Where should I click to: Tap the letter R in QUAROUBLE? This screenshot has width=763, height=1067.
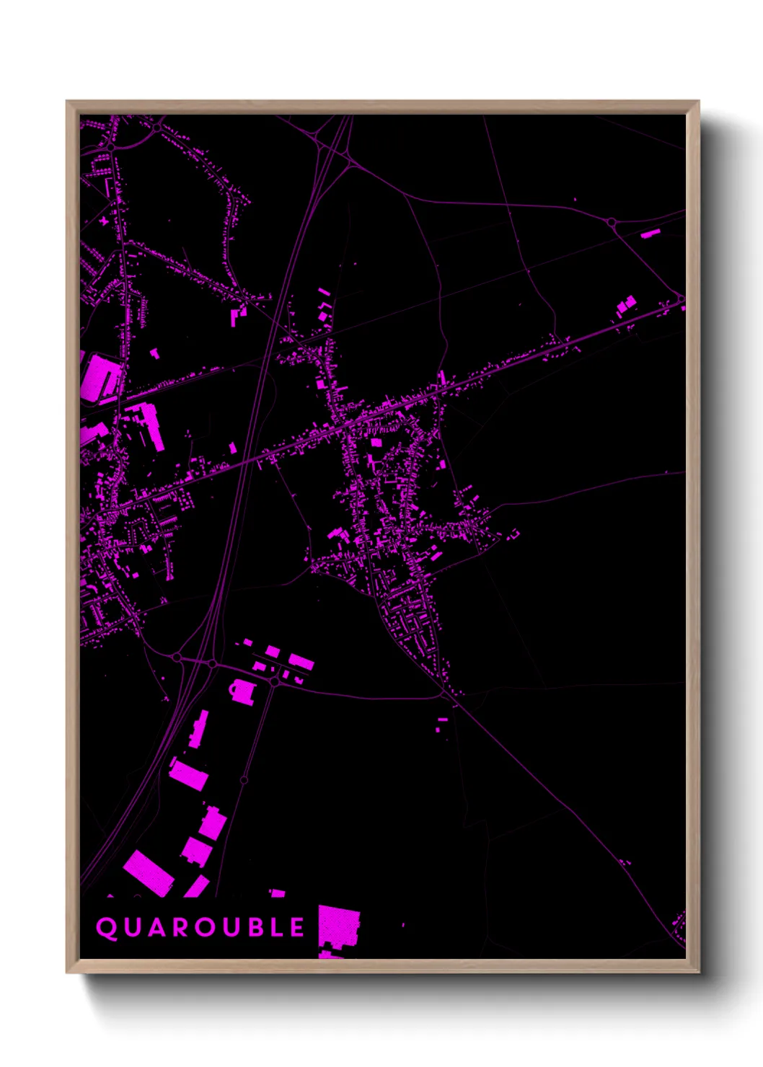point(178,928)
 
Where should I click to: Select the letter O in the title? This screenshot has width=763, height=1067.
point(203,928)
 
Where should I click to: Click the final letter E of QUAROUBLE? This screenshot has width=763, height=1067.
point(297,928)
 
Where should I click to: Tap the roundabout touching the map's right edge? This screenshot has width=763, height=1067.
point(681,298)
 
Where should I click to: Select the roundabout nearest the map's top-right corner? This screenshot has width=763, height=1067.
point(612,222)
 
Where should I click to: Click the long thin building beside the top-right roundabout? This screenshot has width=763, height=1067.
point(650,233)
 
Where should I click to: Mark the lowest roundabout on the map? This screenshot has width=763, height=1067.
point(244,780)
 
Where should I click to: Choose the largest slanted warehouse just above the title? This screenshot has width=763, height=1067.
point(149,872)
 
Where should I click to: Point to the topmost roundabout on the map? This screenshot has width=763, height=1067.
point(156,128)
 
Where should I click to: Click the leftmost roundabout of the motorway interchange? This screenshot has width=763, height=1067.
point(177,658)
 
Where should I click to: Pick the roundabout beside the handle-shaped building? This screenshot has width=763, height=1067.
point(274,681)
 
